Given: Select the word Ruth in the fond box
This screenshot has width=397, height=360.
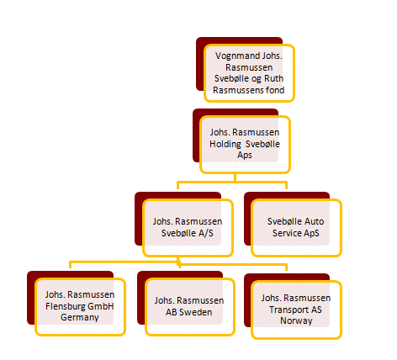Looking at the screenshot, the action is (274, 78).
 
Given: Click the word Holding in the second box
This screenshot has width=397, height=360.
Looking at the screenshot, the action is (225, 144).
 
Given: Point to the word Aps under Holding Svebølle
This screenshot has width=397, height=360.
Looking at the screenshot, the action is (245, 155).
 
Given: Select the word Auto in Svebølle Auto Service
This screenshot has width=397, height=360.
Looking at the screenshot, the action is (315, 221).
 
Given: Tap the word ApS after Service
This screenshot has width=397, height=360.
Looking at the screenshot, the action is (311, 233).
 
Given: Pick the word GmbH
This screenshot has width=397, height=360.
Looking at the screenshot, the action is (99, 306).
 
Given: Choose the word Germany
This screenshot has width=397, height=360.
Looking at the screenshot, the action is (80, 317).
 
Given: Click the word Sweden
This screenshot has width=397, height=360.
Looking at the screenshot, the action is (195, 312).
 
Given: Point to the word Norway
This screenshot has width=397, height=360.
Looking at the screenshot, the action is (296, 320).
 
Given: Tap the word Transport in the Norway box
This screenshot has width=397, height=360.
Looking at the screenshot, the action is (288, 310).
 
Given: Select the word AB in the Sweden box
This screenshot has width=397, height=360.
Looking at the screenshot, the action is (171, 312).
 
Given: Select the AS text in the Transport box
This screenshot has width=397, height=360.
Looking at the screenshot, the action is (315, 310).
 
